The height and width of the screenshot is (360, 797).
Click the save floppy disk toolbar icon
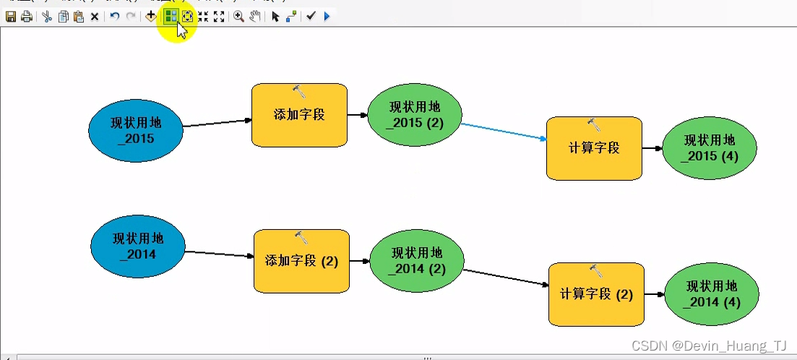click(11, 17)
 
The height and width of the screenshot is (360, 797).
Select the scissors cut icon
click(46, 17)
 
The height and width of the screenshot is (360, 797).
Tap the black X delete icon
click(95, 17)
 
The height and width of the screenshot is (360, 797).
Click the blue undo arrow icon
click(114, 17)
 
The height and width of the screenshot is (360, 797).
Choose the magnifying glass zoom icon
click(238, 17)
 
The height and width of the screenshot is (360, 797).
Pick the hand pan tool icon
click(255, 17)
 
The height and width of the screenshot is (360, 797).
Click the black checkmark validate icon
click(311, 17)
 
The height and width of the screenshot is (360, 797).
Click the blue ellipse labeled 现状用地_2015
click(135, 130)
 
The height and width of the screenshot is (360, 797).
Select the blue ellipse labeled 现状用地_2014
click(137, 247)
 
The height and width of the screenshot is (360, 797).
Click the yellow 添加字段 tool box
click(299, 115)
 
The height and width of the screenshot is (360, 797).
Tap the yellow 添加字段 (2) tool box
click(301, 261)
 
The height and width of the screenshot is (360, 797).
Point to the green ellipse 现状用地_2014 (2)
click(416, 261)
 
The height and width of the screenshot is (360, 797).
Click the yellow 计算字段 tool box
click(594, 148)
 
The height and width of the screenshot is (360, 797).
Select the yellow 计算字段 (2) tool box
click(596, 294)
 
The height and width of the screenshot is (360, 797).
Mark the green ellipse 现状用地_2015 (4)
click(710, 148)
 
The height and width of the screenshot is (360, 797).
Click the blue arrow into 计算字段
click(504, 132)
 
